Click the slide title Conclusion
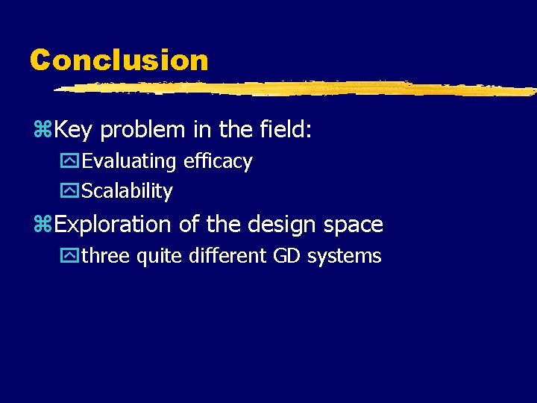click(x=119, y=60)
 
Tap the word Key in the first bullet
click(x=73, y=131)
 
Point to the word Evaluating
click(x=129, y=162)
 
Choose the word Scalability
click(x=127, y=191)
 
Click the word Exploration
click(x=113, y=225)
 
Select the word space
click(x=352, y=225)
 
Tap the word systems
click(x=345, y=257)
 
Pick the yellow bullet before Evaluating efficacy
click(x=71, y=162)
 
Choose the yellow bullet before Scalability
click(x=71, y=192)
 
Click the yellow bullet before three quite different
click(x=71, y=257)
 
